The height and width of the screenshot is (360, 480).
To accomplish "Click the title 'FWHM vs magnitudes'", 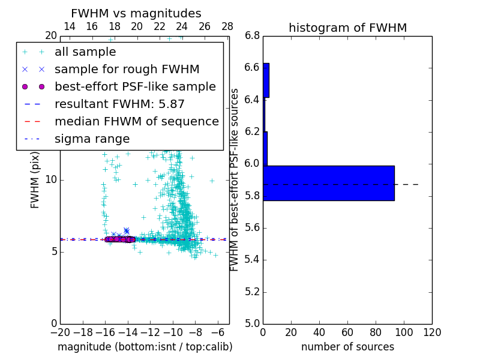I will click(x=136, y=14).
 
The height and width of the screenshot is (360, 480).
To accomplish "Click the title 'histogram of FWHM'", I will click(x=347, y=28).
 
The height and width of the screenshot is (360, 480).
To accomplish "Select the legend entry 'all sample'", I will click(x=85, y=52).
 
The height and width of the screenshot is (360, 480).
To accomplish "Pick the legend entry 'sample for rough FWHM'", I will click(x=127, y=69).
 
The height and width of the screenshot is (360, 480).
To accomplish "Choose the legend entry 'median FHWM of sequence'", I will click(x=136, y=121).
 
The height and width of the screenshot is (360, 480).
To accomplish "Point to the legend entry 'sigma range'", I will click(x=92, y=139).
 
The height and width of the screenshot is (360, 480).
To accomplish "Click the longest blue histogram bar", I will click(x=328, y=183).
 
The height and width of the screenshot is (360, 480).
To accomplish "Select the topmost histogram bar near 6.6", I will click(x=266, y=80).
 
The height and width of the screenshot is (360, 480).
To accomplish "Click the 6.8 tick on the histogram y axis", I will click(x=252, y=36).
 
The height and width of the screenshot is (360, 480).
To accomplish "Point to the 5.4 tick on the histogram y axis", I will click(x=252, y=260).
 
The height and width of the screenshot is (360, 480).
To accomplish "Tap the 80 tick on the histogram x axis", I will click(x=376, y=332).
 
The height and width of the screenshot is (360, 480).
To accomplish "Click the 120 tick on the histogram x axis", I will click(x=432, y=332).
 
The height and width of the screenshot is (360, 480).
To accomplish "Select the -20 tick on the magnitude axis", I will click(x=60, y=332).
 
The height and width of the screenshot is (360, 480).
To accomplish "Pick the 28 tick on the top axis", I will click(x=227, y=27).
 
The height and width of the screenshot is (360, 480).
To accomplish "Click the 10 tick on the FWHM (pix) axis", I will click(x=51, y=180).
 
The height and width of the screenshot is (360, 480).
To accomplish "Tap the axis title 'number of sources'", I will click(x=347, y=347).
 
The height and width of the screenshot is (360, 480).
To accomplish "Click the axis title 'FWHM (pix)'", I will click(x=35, y=180).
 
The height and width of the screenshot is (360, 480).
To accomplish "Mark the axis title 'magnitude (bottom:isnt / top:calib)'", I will click(x=145, y=347).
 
